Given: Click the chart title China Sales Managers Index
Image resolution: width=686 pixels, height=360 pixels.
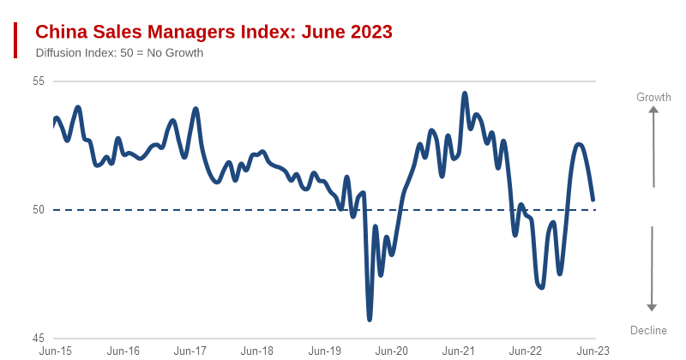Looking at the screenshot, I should point(214,32).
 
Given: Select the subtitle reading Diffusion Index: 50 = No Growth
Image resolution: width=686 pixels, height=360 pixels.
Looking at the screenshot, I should point(119,53).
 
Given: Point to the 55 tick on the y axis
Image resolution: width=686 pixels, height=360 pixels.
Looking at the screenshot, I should point(38,81).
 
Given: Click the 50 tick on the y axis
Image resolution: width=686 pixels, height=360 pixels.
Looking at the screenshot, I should point(38,209).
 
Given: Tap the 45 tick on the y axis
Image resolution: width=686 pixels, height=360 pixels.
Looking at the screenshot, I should point(38,337).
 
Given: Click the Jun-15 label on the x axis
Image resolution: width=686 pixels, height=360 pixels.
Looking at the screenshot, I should point(56,351).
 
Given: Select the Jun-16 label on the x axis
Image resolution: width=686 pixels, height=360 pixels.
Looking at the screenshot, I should point(123,351).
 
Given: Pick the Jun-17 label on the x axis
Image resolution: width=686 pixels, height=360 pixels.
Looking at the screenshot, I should point(190,351).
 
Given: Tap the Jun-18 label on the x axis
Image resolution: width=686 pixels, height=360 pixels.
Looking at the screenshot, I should point(257,351).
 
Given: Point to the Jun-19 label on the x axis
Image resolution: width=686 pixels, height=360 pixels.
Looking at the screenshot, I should point(324,351).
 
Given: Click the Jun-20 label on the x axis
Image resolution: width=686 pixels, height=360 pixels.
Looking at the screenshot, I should point(392,351).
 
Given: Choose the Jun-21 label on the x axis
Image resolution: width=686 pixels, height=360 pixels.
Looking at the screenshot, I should point(459,351).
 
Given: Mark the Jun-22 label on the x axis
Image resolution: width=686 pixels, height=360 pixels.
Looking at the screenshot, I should point(526,351).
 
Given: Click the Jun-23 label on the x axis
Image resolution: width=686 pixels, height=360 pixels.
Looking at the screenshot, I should point(593,351).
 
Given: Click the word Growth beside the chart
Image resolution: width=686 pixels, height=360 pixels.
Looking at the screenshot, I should point(653,98).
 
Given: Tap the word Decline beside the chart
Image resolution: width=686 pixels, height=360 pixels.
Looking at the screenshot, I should point(648,331).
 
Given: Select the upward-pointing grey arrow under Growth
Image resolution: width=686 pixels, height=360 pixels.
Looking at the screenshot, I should point(653,147).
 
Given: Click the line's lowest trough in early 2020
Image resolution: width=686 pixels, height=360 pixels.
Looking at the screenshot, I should point(370,319).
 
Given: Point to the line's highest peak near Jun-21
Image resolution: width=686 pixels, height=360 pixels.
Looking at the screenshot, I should point(465,93).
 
